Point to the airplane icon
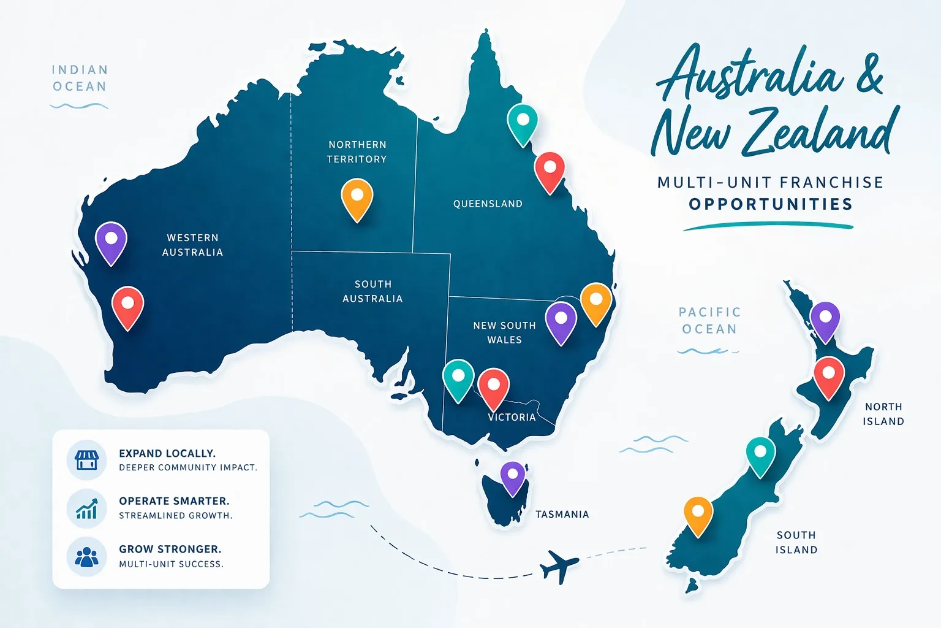point(559,565)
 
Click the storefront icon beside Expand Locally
point(86,459)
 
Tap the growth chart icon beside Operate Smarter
point(86,508)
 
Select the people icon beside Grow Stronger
point(86,556)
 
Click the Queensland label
point(488,204)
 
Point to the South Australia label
point(372,291)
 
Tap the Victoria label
point(512,417)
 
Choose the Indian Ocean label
point(80,78)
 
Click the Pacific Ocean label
point(709,321)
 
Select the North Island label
point(883,414)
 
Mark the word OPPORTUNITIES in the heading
point(771,204)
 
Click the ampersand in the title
point(868,75)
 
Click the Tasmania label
point(562,515)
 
